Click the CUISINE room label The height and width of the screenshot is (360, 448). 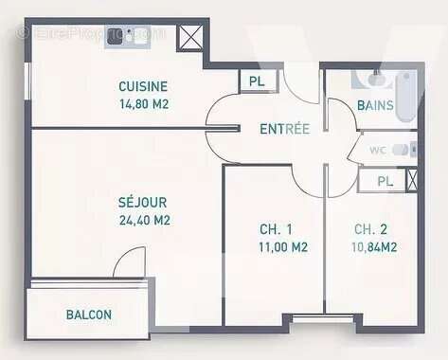pos(142,84)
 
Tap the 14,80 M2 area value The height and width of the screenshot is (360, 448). pos(143,104)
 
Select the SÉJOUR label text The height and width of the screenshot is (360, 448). pos(143,202)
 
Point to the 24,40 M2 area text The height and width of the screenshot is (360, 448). pos(144,220)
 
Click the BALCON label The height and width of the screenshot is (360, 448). pos(89,315)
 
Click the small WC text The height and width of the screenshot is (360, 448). pos(376,149)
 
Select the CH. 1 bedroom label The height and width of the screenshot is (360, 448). pos(275,229)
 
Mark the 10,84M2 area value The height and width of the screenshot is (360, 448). pos(375,247)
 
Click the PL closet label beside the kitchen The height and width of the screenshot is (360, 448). pos(257,81)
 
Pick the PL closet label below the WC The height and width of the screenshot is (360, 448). pos(385,180)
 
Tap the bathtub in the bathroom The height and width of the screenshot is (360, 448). pos(404,97)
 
